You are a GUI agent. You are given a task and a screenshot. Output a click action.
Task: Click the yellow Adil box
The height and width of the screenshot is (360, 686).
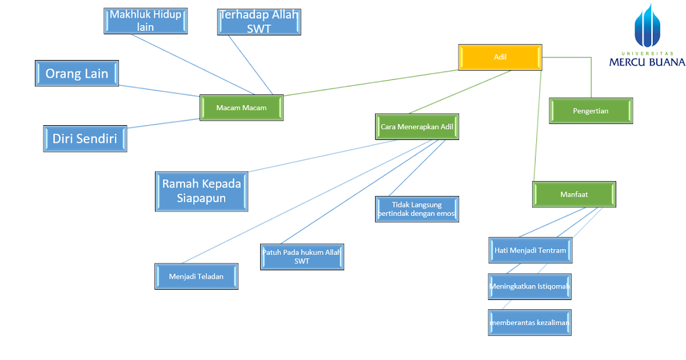[x=500, y=57]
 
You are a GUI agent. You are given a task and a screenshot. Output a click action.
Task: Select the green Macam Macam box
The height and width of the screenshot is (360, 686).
[x=241, y=107]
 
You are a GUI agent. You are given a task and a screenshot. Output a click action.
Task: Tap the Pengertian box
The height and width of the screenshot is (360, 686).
[x=591, y=111]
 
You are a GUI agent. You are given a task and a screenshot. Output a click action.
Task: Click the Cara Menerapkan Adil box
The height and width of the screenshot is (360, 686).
[x=417, y=127]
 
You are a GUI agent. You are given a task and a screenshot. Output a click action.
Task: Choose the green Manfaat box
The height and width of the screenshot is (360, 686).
[x=574, y=194]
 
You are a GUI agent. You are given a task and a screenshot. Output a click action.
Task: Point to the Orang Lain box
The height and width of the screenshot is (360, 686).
[x=77, y=74]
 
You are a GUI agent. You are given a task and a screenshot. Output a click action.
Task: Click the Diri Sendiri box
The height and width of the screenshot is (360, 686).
[x=85, y=138]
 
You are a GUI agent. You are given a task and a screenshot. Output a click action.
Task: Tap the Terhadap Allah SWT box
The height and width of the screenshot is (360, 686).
[x=259, y=22]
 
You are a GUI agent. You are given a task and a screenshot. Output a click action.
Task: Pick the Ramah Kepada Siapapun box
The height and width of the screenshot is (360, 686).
[x=201, y=191]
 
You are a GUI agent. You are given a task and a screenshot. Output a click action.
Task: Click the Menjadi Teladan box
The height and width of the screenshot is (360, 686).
[x=196, y=277]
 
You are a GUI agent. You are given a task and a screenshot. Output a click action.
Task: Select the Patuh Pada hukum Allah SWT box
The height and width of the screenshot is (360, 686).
[x=302, y=257]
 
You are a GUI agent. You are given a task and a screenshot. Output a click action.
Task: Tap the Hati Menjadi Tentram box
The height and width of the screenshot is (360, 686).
[x=530, y=250]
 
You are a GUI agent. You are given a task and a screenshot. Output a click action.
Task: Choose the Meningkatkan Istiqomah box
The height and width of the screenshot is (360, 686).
[x=529, y=286]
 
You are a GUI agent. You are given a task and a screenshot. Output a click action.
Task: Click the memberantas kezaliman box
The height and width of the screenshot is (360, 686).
[x=529, y=323]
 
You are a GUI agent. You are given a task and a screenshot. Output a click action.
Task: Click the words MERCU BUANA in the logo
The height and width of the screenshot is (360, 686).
[x=647, y=62]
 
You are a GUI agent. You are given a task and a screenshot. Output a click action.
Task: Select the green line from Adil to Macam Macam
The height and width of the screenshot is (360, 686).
[x=372, y=82]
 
